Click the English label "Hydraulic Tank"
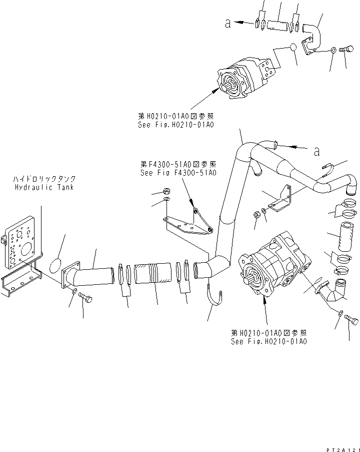44,187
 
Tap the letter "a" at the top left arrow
228,24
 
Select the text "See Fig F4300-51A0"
178,173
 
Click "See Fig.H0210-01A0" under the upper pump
176,125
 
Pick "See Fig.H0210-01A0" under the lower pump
269,341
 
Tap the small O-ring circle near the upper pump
292,48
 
